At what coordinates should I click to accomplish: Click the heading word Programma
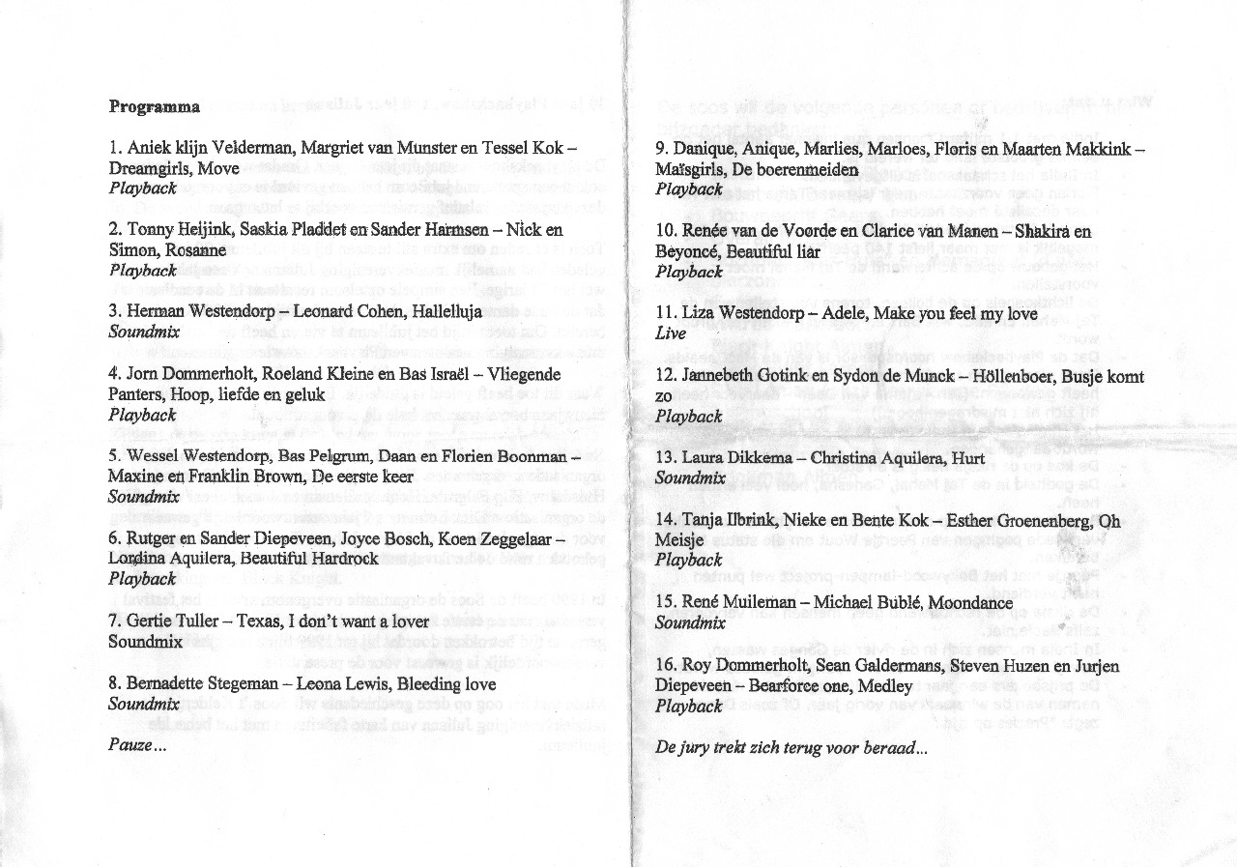pyautogui.click(x=155, y=106)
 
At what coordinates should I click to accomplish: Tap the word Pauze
pyautogui.click(x=133, y=745)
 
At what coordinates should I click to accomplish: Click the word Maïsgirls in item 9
pyautogui.click(x=693, y=169)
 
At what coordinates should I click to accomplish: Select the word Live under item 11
pyautogui.click(x=671, y=333)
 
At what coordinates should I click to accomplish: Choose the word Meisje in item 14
pyautogui.click(x=679, y=540)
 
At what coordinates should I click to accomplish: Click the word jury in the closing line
pyautogui.click(x=700, y=747)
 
